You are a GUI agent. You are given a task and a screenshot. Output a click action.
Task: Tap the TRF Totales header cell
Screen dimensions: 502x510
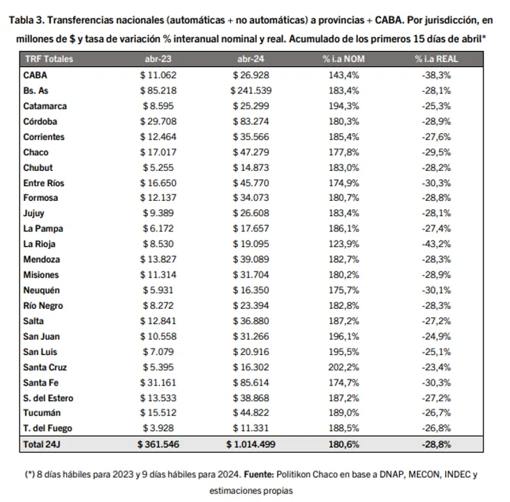(x=48, y=59)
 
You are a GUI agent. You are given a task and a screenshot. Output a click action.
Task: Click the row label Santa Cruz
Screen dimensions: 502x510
(x=44, y=367)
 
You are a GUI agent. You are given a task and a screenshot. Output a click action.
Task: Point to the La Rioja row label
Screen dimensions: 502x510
(x=39, y=244)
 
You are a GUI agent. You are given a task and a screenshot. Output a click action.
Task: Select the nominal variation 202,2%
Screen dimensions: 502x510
(x=343, y=367)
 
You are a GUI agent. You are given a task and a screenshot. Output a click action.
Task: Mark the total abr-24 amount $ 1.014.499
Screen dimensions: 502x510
(x=252, y=444)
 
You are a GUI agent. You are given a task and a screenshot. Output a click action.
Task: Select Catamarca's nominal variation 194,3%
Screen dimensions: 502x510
(x=343, y=106)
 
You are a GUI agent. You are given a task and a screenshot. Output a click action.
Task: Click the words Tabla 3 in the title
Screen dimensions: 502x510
(x=28, y=22)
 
